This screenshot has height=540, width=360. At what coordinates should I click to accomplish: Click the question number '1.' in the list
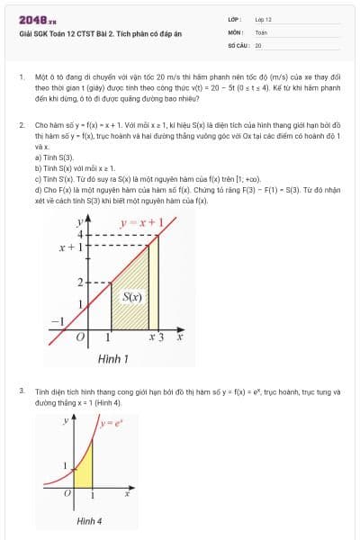pyautogui.click(x=21, y=78)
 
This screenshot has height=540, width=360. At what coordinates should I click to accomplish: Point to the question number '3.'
pyautogui.click(x=21, y=391)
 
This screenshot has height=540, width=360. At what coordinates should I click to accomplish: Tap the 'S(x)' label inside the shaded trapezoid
pyautogui.click(x=132, y=296)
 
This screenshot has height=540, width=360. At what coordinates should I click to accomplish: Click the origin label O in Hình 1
pyautogui.click(x=80, y=337)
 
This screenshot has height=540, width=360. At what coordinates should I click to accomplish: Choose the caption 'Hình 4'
pyautogui.click(x=89, y=521)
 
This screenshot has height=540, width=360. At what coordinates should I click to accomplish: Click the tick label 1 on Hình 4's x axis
pyautogui.click(x=93, y=496)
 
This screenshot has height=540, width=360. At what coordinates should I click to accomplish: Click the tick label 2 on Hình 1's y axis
pyautogui.click(x=79, y=283)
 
